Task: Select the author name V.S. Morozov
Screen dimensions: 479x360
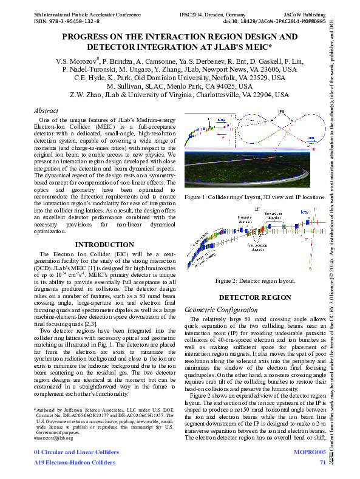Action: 76,61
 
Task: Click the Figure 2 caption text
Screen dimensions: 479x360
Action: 255,280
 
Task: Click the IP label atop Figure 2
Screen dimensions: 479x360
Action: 257,208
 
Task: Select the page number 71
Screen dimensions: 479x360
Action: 322,463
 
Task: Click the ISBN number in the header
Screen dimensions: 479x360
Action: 66,21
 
